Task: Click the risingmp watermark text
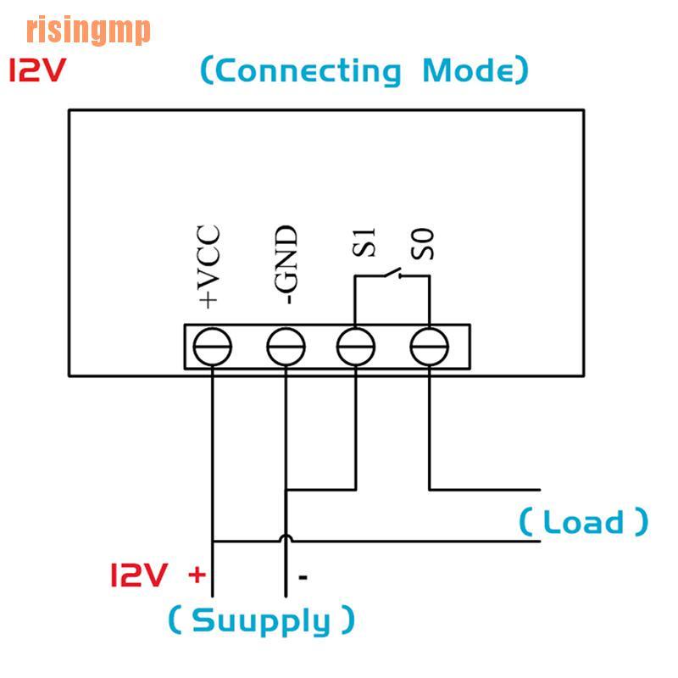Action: click(x=88, y=31)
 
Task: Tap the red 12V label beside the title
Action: click(x=37, y=71)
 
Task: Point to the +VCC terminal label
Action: click(x=208, y=266)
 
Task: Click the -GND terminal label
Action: click(x=285, y=264)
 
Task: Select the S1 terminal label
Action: click(x=364, y=243)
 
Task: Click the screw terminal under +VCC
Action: click(x=212, y=347)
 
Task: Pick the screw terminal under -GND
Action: click(x=286, y=347)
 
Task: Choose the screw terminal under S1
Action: click(x=356, y=347)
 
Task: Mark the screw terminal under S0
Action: click(x=429, y=347)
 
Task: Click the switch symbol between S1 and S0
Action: click(x=392, y=273)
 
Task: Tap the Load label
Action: click(x=583, y=521)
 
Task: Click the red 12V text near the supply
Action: click(x=137, y=576)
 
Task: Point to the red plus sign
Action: click(x=197, y=575)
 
